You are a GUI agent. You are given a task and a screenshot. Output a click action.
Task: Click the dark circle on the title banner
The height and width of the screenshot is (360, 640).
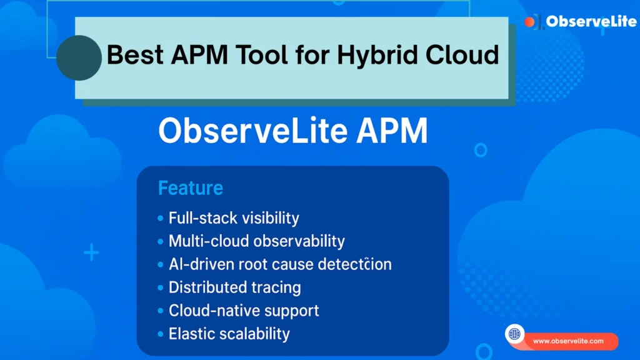(79, 57)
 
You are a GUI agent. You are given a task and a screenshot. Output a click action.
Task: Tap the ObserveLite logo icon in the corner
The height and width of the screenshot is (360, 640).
(533, 22)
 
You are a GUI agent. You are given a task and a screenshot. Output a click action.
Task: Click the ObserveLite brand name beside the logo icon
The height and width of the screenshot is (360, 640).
(591, 22)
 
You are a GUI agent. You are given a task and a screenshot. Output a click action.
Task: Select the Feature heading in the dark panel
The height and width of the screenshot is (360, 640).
(191, 187)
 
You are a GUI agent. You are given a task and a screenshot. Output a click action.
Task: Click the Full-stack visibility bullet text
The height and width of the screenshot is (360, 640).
(234, 218)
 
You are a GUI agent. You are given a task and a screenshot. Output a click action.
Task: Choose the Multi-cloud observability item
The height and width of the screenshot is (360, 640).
(256, 241)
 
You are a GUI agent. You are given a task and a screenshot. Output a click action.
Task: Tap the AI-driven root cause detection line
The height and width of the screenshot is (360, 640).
(280, 264)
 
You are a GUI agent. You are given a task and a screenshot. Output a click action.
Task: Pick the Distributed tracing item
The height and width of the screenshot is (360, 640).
(234, 287)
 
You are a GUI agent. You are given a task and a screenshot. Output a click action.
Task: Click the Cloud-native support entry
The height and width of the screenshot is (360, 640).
(244, 310)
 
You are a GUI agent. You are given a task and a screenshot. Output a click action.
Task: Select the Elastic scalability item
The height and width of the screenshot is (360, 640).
(229, 333)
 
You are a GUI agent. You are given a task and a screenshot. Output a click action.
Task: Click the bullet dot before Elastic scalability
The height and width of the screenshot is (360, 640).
(161, 334)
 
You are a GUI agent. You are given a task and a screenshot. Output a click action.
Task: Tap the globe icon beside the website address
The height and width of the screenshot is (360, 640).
(514, 334)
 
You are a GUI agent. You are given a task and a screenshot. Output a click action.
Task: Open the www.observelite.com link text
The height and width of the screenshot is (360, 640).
(568, 341)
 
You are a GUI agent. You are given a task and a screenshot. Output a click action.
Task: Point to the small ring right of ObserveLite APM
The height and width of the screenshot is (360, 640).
(480, 150)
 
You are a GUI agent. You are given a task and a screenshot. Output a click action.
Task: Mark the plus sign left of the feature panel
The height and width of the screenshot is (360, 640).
(91, 253)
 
